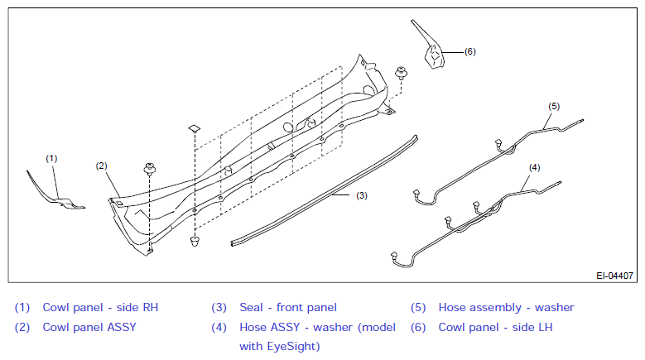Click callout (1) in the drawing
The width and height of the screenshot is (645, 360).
point(51,159)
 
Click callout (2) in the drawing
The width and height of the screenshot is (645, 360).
point(101,166)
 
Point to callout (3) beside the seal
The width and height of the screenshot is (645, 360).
point(362,195)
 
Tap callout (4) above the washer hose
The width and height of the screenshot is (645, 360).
point(534,168)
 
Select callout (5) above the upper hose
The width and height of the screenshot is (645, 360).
point(554,106)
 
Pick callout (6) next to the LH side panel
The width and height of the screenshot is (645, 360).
point(469,52)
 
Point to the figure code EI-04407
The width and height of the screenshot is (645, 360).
point(614,276)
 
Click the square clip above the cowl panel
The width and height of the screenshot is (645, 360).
point(194,128)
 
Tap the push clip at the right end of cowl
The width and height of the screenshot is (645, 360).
point(401,73)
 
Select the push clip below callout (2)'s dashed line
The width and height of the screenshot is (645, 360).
point(149,170)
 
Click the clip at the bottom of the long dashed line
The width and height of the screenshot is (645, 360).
point(195,241)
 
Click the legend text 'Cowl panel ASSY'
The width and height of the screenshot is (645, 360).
point(89,327)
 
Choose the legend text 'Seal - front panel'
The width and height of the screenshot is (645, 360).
point(288,307)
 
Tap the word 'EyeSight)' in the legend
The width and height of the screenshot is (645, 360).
point(293,347)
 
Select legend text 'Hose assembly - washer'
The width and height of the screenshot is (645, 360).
point(506,307)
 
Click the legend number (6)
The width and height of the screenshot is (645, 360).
point(418,328)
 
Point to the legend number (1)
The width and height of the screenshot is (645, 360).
point(22,307)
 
